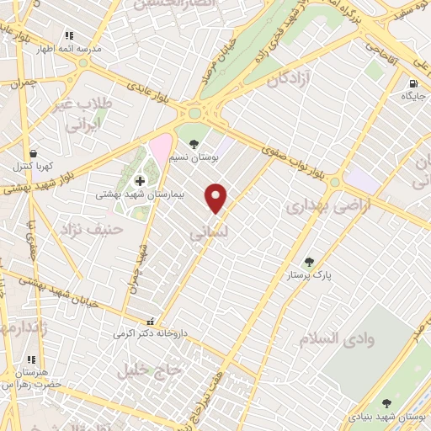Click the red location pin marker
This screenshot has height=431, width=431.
point(216,198)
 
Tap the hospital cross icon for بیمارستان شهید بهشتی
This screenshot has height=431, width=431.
point(140,180)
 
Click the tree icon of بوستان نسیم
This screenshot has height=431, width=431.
point(194,144)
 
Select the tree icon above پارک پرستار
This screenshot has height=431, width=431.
point(309,262)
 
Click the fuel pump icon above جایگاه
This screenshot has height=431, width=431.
point(412,83)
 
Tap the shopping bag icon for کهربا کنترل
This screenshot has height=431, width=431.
point(33,153)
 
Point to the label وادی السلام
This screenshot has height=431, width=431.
point(335,338)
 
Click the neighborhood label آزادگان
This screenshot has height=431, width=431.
point(290,81)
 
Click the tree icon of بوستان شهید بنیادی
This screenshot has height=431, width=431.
point(386,404)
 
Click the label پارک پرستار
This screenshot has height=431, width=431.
point(309,275)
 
